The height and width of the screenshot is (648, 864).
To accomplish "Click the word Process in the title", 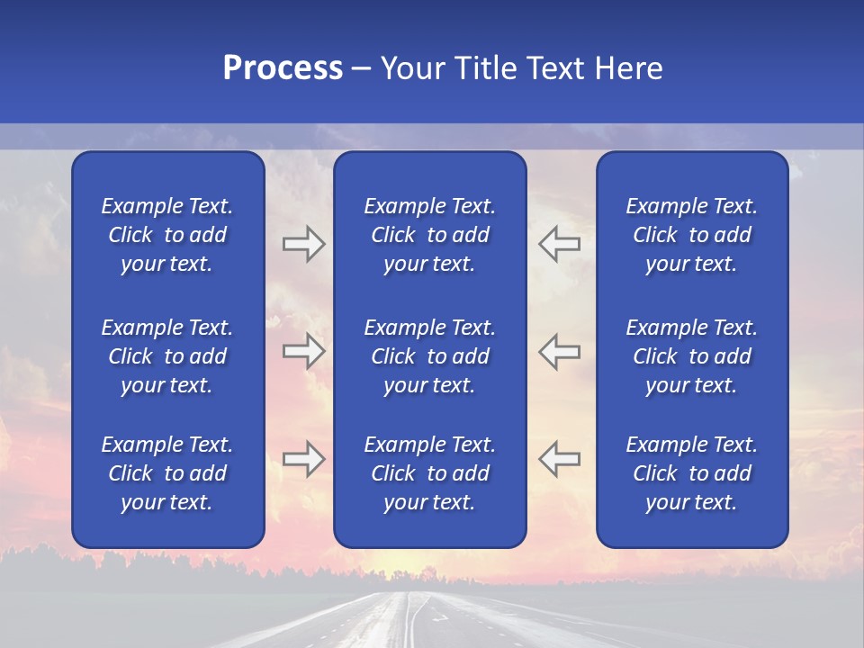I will coord(283,68).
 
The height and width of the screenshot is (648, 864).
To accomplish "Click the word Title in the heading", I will coord(489,68).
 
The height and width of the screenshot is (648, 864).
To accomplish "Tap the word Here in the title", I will coord(627,68).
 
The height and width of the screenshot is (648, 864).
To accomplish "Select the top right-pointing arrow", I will coord(303,244).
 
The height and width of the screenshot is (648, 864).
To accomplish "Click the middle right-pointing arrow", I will coord(303,351).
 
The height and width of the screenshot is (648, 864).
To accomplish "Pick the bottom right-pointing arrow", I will coord(303,459).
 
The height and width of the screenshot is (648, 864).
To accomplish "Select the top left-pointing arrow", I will coord(559,244).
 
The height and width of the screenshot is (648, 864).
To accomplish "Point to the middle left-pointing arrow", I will coord(559,351).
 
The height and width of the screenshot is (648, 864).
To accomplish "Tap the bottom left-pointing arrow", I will coord(559,459).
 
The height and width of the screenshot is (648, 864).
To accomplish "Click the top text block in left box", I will coord(167,235).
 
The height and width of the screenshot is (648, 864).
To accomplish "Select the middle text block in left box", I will coord(167,356).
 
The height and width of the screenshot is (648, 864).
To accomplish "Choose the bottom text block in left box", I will coord(167,473).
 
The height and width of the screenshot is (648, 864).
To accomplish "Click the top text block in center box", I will coord(429,235).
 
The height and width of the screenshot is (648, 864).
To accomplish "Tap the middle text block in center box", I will coord(429,356).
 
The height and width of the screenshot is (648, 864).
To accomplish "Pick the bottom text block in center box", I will coord(429,473).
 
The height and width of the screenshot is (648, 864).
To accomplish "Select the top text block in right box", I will coord(691,235).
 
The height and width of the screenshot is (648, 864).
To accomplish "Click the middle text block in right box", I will coord(691,356).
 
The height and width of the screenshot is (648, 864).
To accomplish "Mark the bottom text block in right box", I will coord(691,473).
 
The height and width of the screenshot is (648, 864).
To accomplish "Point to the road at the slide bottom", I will coord(423,621).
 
